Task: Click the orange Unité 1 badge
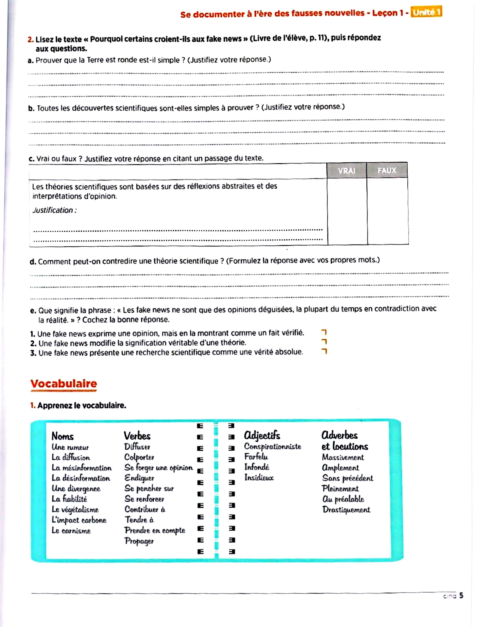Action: tap(426, 12)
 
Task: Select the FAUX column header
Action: tap(387, 170)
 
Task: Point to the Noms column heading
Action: tap(62, 436)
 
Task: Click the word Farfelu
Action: tap(256, 457)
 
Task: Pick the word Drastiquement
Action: tap(346, 510)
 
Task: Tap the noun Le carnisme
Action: tap(71, 530)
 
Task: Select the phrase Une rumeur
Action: tap(70, 447)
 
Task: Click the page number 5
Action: tap(461, 595)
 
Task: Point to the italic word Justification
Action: tap(54, 210)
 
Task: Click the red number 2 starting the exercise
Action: tap(30, 40)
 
